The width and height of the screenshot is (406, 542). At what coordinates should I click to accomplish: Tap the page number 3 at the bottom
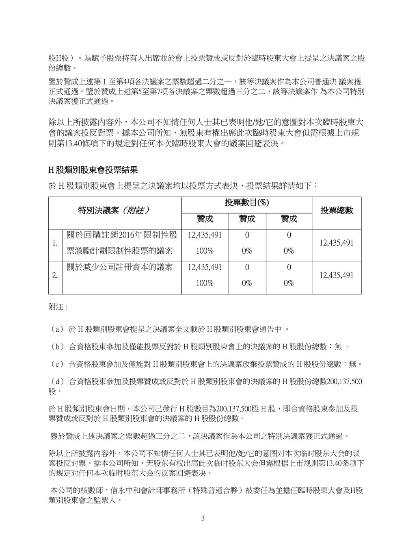pyautogui.click(x=203, y=518)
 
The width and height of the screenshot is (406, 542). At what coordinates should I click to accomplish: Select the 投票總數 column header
pyautogui.click(x=337, y=210)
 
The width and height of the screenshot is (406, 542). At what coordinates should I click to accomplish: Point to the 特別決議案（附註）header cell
pyautogui.click(x=114, y=210)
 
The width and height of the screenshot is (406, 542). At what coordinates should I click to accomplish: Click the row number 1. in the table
pyautogui.click(x=55, y=243)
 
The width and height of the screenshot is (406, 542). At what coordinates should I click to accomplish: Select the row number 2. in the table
pyautogui.click(x=55, y=275)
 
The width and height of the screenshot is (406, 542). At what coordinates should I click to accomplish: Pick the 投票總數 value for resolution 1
pyautogui.click(x=337, y=243)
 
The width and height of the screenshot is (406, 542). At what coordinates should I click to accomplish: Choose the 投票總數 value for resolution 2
pyautogui.click(x=337, y=275)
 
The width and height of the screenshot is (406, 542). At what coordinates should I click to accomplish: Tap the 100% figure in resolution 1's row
pyautogui.click(x=205, y=251)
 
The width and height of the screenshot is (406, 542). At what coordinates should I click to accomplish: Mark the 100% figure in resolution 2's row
pyautogui.click(x=205, y=283)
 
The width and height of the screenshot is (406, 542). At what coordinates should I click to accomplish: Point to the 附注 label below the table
pyautogui.click(x=57, y=307)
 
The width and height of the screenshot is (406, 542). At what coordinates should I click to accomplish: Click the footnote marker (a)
pyautogui.click(x=56, y=329)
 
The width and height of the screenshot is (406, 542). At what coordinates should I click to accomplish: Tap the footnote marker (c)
pyautogui.click(x=56, y=364)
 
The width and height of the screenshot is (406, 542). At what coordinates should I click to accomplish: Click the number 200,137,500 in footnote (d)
pyautogui.click(x=341, y=382)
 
